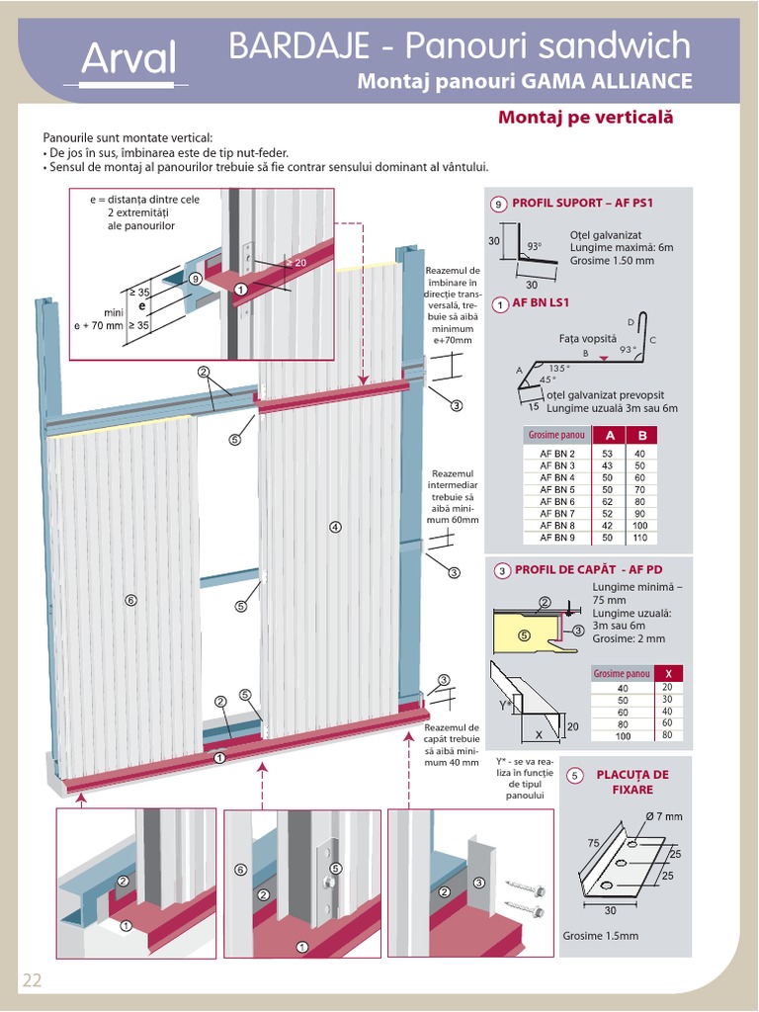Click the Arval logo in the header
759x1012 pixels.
point(128,60)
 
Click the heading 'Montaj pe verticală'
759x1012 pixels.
point(585,118)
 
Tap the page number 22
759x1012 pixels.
point(32,980)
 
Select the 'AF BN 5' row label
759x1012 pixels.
point(557,489)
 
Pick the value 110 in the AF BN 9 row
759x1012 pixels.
point(640,538)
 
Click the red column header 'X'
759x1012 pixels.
point(667,674)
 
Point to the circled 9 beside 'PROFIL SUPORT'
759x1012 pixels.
point(499,204)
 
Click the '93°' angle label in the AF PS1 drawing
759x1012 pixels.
point(535,246)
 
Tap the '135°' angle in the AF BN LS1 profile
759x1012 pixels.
point(559,368)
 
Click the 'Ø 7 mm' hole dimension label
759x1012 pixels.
point(663,816)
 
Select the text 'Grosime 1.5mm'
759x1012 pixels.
point(600,936)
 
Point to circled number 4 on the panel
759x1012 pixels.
point(335,527)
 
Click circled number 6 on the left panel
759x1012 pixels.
point(130,599)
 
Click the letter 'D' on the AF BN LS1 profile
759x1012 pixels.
point(631,322)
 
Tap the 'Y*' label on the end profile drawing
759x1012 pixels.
point(503,705)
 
